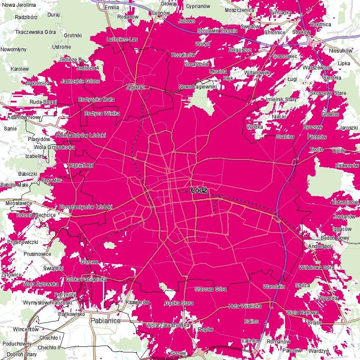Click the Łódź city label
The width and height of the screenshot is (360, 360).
(x=198, y=190)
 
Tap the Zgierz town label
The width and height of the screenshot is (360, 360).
(x=136, y=87)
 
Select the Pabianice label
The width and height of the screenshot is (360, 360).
(x=105, y=321)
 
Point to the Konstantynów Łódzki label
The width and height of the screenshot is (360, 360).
(x=86, y=207)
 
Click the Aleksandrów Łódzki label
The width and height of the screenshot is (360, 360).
(x=83, y=136)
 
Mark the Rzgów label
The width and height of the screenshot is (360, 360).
(x=205, y=329)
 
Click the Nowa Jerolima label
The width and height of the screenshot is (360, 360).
(x=17, y=5)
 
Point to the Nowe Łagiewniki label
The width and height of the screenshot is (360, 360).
(x=198, y=86)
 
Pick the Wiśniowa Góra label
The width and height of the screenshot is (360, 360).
(x=316, y=268)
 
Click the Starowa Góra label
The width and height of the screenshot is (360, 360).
(x=210, y=289)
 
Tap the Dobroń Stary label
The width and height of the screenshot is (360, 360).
(x=19, y=354)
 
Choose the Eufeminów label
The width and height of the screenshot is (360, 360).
(x=345, y=203)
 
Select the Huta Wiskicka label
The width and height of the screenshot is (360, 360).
(x=245, y=306)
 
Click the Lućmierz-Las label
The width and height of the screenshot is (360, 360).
(x=122, y=39)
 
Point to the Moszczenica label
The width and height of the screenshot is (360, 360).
(x=239, y=9)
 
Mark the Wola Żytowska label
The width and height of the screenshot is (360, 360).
(x=41, y=284)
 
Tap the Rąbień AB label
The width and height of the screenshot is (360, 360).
(x=81, y=166)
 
